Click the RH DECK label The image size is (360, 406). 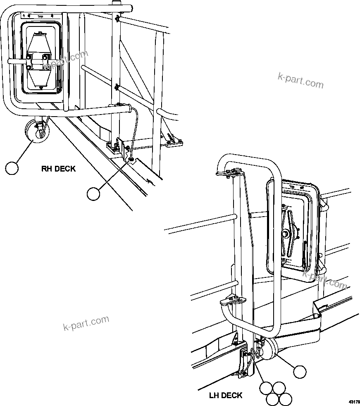point(58,169)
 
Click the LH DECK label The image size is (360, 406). point(226,396)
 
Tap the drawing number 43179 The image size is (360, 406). point(354,401)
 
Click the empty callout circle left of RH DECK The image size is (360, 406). point(12,168)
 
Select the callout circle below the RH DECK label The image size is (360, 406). point(94,193)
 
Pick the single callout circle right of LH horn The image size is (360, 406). point(300,372)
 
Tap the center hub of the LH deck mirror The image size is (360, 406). point(286,234)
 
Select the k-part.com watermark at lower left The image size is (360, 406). point(86,323)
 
